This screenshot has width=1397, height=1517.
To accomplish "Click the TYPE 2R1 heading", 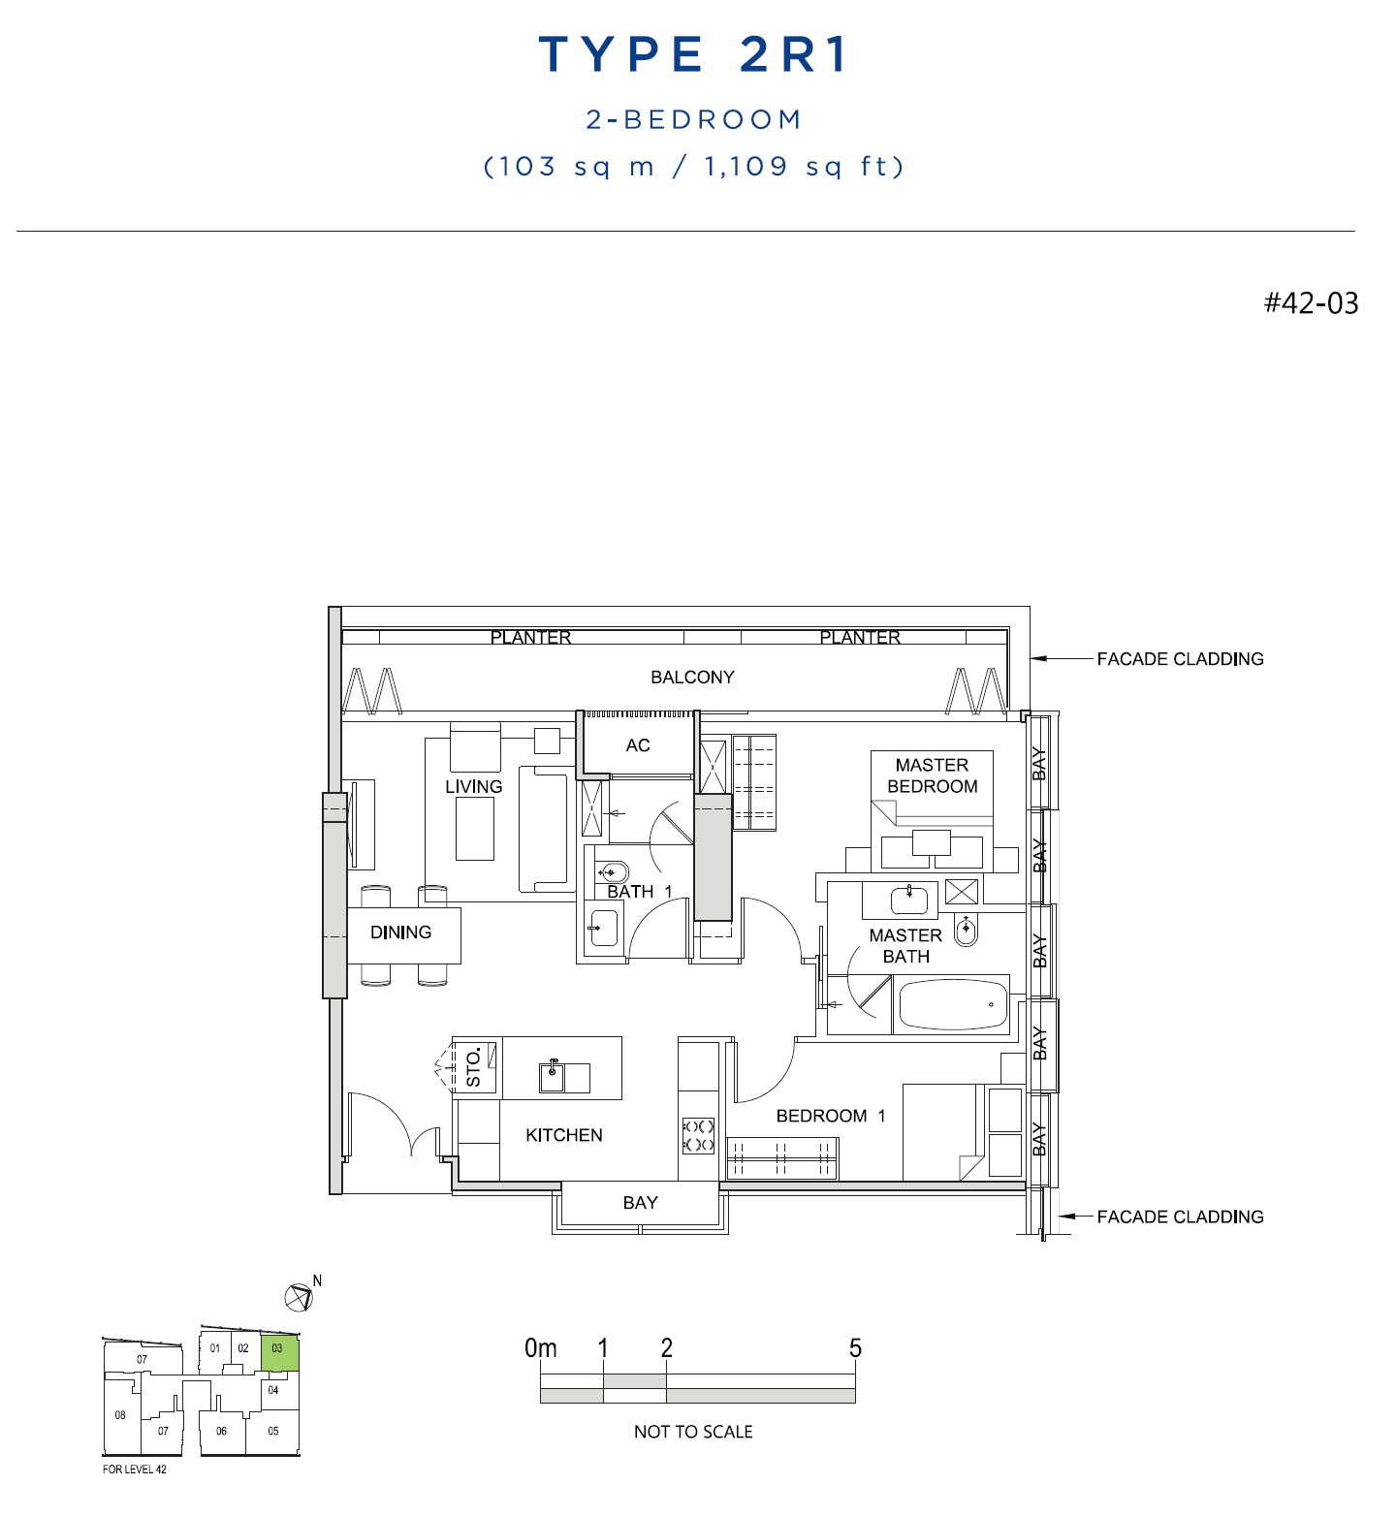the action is [693, 54].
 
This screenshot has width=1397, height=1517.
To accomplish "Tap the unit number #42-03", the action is [1311, 303].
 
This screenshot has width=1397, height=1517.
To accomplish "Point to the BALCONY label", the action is [692, 677].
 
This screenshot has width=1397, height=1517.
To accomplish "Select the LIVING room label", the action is [473, 786].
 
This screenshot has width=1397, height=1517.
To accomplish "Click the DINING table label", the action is [400, 932].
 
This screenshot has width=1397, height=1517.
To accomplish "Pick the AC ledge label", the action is [638, 745].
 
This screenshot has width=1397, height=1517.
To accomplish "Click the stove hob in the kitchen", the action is [698, 1135].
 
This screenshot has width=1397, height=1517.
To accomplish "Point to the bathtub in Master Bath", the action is [952, 1004].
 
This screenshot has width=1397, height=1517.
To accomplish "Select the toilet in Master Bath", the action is [966, 931].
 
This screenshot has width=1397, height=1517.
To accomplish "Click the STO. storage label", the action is [474, 1066].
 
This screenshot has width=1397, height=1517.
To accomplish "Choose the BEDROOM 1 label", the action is [831, 1116].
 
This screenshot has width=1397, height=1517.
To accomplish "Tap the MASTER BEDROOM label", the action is [932, 775].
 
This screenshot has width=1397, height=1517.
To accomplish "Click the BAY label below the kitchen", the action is [640, 1203].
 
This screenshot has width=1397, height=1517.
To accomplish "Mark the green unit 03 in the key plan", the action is [279, 1354].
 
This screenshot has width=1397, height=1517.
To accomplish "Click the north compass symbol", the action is [298, 1297].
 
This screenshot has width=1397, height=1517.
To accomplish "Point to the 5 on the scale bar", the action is [855, 1348].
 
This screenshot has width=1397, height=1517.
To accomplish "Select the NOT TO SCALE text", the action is [693, 1432].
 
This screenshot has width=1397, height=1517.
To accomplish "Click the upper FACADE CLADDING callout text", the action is [1180, 659].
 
